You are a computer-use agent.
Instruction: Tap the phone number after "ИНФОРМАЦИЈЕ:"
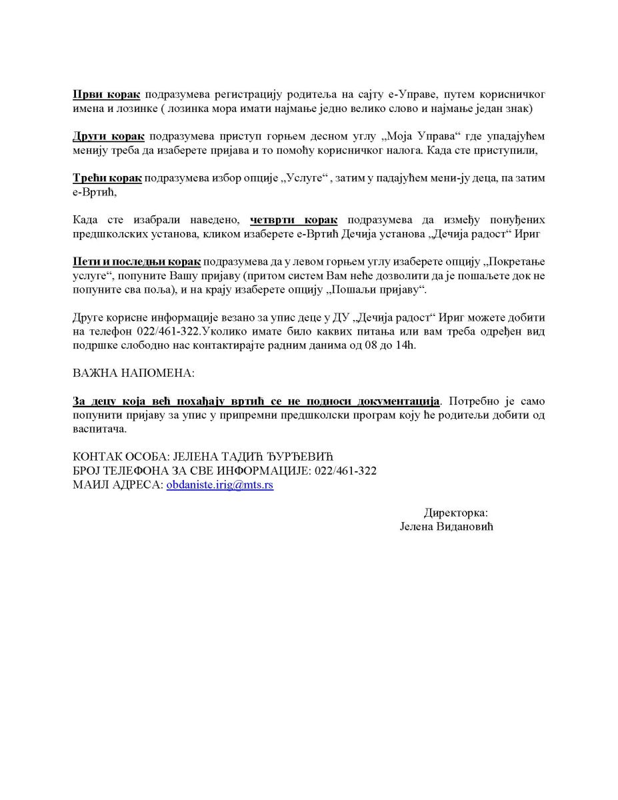tap(344, 471)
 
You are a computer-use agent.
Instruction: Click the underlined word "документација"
tap(399, 402)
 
